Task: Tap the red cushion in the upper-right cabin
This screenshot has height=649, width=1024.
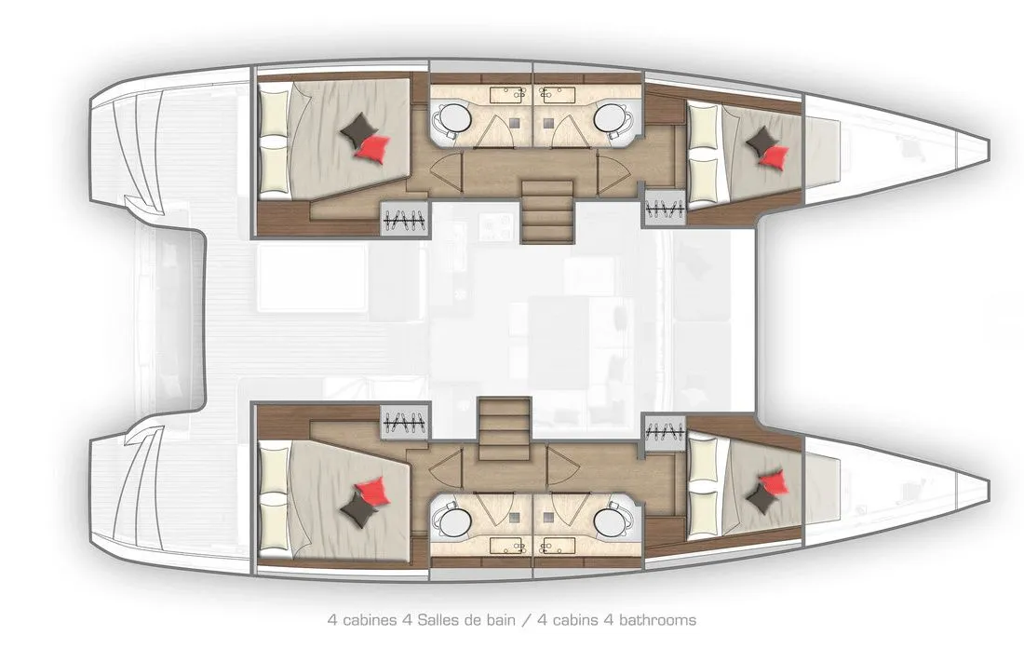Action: pyautogui.click(x=775, y=156)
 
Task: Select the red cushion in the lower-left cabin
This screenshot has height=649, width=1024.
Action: pyautogui.click(x=373, y=491)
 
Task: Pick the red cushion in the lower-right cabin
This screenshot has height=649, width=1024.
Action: pyautogui.click(x=775, y=481)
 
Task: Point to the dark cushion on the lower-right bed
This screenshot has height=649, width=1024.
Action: pyautogui.click(x=761, y=499)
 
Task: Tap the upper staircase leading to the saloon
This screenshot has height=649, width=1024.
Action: pyautogui.click(x=547, y=211)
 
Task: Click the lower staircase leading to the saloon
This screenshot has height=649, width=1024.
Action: pyautogui.click(x=505, y=429)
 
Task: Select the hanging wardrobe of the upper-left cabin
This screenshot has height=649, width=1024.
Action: pyautogui.click(x=406, y=219)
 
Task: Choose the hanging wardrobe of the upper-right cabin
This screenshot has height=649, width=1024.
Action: pyautogui.click(x=664, y=208)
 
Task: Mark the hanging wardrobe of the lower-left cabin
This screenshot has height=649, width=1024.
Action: pyautogui.click(x=406, y=423)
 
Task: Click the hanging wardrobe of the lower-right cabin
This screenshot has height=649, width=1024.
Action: pyautogui.click(x=664, y=431)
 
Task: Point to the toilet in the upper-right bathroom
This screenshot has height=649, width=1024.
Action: pyautogui.click(x=612, y=119)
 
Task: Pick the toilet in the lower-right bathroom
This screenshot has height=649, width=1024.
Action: pyautogui.click(x=612, y=521)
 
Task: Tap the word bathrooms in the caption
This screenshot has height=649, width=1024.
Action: pyautogui.click(x=657, y=619)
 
